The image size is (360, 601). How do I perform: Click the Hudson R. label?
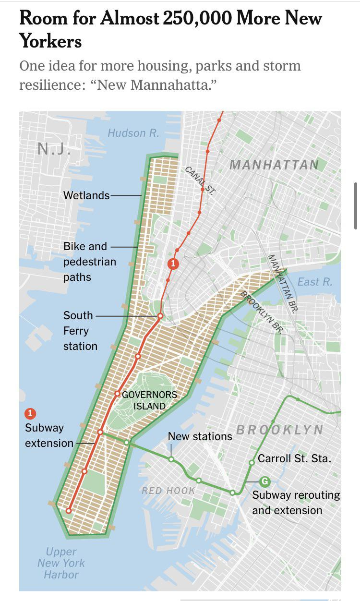133,133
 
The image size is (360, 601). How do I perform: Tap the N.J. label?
54,149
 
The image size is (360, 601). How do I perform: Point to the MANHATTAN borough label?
274,165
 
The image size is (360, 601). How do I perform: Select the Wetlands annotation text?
86,195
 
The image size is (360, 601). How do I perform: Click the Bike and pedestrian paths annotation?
90,262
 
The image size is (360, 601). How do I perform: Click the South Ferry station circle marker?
160,316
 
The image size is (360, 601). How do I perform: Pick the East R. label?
314,282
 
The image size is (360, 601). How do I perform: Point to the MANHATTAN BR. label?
282,283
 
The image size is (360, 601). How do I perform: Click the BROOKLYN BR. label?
261,312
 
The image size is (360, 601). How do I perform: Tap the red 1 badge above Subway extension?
30,413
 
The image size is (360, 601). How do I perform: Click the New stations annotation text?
200,436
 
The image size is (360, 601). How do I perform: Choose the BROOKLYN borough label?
279,430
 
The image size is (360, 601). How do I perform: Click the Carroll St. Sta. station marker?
252,463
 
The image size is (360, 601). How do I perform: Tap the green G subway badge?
264,481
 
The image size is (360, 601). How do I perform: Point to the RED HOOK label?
168,491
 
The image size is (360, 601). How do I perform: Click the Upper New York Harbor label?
61,563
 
